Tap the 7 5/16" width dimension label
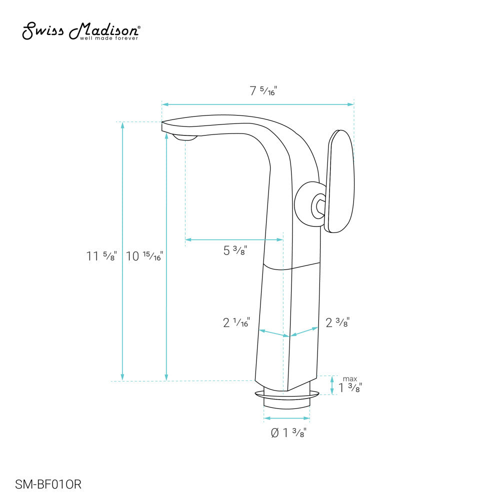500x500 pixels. click(263, 91)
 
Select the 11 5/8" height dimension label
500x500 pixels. click(101, 256)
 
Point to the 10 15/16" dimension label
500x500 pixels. click(145, 256)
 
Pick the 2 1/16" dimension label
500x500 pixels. click(236, 323)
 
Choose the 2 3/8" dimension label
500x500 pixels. click(337, 323)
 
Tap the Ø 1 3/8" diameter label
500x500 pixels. click(288, 433)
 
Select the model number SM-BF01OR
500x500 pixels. click(48, 484)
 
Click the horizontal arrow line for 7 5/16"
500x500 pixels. click(257, 104)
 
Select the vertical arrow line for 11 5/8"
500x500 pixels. click(122, 250)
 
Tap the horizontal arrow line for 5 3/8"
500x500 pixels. click(233, 239)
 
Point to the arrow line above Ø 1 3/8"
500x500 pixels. click(287, 418)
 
